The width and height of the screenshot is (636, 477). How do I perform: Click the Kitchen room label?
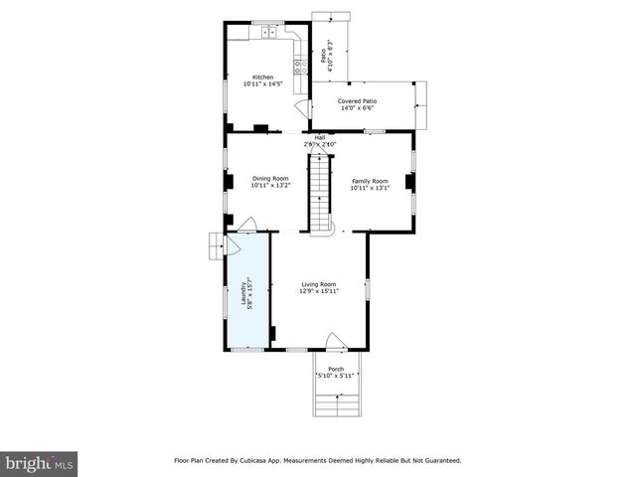coord(262,77)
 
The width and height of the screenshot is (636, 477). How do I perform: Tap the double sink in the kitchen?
coord(269,33)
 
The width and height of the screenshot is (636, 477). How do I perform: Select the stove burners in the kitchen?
coord(298,68)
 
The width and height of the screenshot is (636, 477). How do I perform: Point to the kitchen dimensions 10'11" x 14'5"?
coord(262,84)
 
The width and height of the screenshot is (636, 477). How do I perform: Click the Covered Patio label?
coord(357,100)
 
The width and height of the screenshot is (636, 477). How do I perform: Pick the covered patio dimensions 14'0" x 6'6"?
coord(357,107)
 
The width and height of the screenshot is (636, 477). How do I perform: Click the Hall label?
coord(320,138)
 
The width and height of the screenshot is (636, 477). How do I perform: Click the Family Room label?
coord(369,180)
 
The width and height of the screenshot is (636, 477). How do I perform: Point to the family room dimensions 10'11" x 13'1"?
coord(369,187)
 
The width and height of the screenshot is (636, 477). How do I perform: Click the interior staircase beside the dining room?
coord(320,194)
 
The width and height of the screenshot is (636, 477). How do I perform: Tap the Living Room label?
coord(320,284)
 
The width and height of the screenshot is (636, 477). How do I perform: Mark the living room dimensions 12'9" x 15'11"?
coord(320,291)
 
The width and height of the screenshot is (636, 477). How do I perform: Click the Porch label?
coord(336,369)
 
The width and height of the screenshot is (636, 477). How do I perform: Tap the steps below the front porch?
coord(336,404)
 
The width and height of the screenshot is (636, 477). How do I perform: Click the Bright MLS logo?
coord(40,463)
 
